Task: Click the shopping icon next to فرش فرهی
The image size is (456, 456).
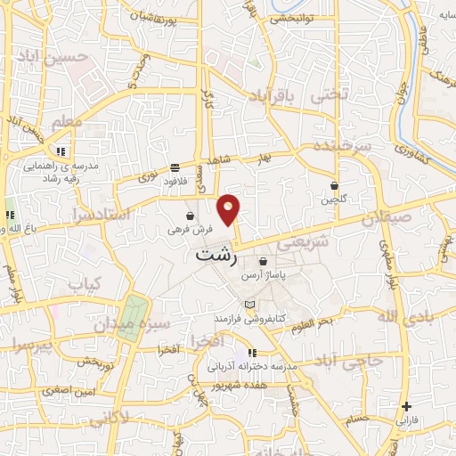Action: (x=190, y=216)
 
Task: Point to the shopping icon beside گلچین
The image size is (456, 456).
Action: (x=334, y=186)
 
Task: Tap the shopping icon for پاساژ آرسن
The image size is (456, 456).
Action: (x=263, y=262)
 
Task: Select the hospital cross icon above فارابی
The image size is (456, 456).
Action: (x=406, y=406)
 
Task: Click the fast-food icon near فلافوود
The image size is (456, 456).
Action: (x=175, y=167)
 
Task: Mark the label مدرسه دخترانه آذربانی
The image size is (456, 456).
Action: (x=246, y=366)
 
